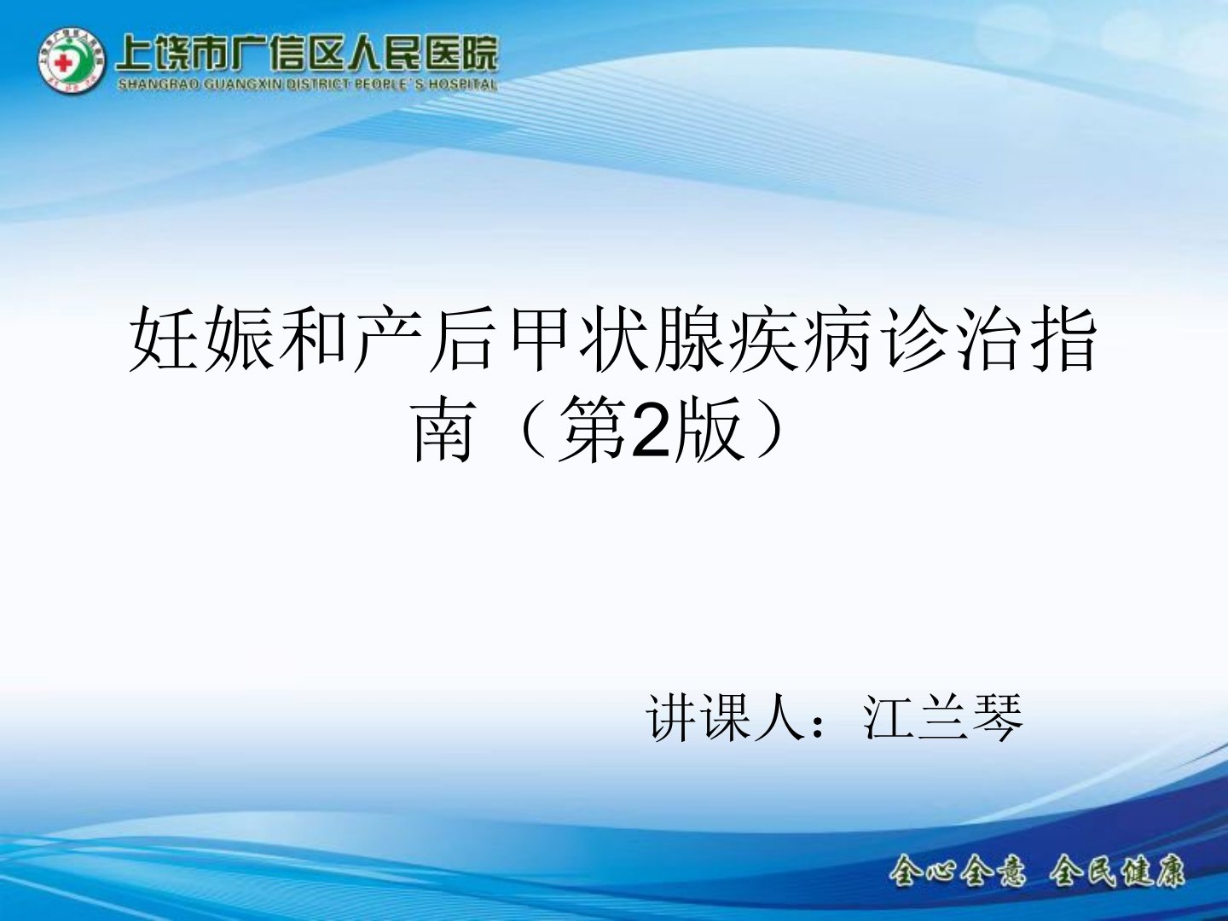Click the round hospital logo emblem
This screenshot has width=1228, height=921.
71,61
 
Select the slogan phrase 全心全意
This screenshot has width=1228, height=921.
958,870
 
